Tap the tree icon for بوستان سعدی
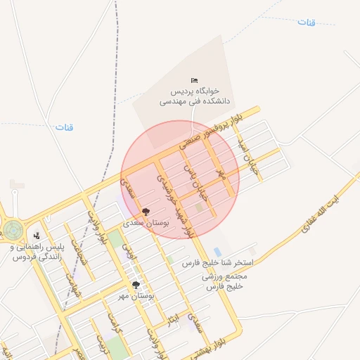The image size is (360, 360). click(x=146, y=211)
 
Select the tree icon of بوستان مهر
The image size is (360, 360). click(x=136, y=285)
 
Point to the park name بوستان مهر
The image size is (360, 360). click(x=136, y=296)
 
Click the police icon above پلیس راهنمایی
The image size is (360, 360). click(x=37, y=236)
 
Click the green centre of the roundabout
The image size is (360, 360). click(x=13, y=229)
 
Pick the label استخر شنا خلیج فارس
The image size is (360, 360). click(x=217, y=262)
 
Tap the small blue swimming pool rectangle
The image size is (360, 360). click(x=217, y=251)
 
